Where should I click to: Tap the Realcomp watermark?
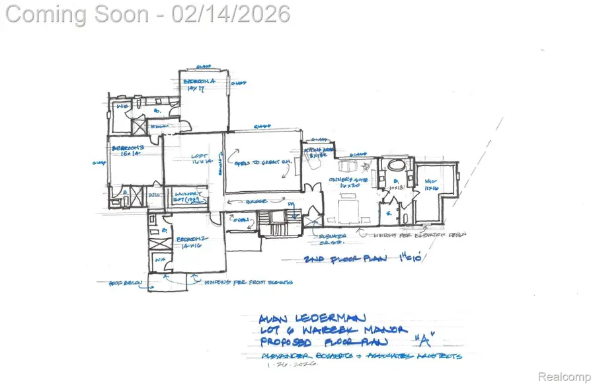click(x=564, y=377)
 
